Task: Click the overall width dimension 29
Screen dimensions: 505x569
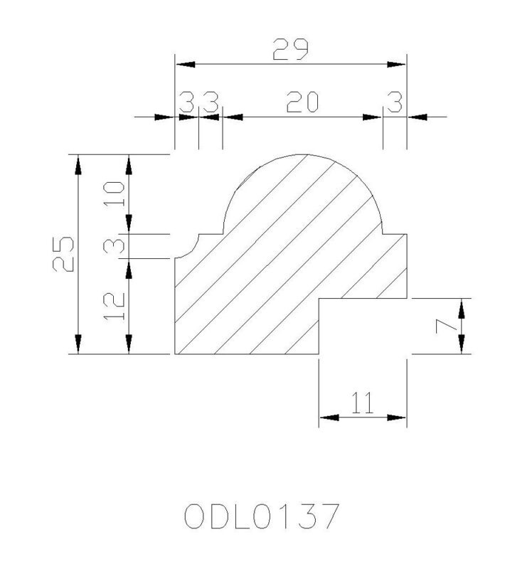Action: coord(290,49)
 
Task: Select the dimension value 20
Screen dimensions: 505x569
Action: coord(302,102)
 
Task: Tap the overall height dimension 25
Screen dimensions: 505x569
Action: coord(63,254)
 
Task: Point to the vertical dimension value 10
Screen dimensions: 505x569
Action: coord(115,193)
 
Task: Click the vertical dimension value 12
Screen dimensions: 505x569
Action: coord(115,306)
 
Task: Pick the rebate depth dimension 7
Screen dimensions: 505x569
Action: coord(446,326)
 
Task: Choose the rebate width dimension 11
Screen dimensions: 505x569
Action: coord(363,403)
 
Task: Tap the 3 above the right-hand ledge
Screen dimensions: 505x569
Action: coord(395,102)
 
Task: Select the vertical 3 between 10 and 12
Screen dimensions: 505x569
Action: coord(115,246)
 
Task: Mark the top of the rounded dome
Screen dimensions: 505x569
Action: coord(303,154)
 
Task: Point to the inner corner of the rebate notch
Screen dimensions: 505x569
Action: coord(319,299)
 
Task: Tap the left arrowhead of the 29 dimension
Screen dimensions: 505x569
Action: coord(186,65)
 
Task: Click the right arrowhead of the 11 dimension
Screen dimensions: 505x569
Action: coord(396,418)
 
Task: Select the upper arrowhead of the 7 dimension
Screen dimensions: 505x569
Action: coord(461,308)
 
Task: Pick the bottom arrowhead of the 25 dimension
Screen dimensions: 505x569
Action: coord(78,344)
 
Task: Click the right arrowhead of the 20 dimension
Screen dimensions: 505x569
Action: coord(372,117)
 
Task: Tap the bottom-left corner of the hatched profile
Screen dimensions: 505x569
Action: coord(175,353)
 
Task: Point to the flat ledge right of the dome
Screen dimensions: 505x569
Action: coord(395,235)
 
